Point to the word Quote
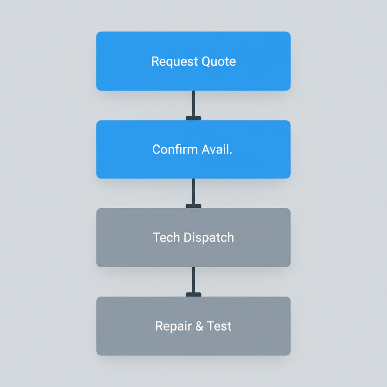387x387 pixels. (x=219, y=61)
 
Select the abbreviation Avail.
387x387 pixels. (x=217, y=149)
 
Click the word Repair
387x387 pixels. (x=173, y=326)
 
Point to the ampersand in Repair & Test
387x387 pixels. (x=199, y=326)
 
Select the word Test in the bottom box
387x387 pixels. (x=219, y=326)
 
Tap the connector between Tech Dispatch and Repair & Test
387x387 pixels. (x=193, y=280)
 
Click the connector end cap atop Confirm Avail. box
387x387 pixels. (x=193, y=118)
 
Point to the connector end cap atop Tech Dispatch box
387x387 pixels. (x=193, y=206)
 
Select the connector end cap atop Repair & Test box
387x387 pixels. (x=193, y=294)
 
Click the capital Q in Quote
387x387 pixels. (x=206, y=61)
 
